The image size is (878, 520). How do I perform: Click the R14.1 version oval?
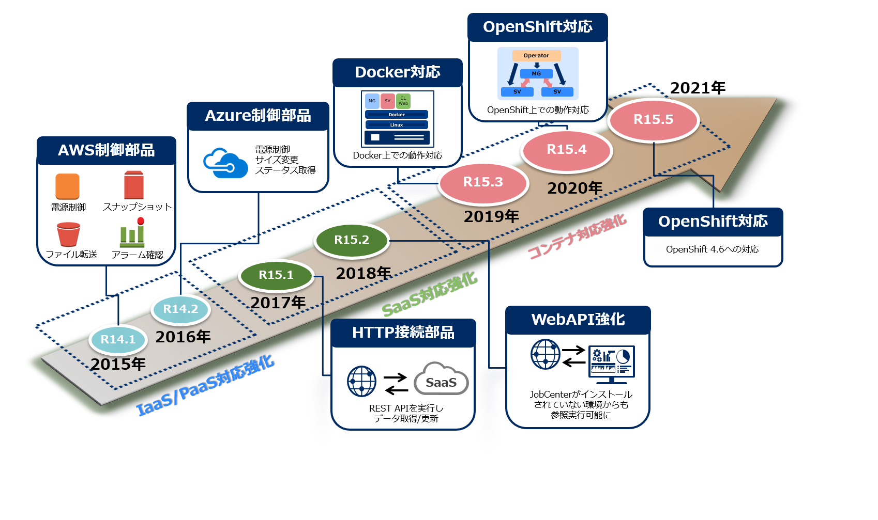click(x=118, y=339)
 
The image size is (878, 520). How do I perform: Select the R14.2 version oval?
click(x=180, y=309)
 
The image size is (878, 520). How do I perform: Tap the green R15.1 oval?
click(x=276, y=275)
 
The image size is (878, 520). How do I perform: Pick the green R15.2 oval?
click(x=352, y=240)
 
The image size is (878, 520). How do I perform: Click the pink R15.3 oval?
click(x=483, y=182)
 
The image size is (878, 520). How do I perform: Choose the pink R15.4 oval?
click(x=567, y=149)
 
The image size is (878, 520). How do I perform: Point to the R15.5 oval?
click(x=654, y=119)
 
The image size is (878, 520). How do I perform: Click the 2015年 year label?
click(x=118, y=364)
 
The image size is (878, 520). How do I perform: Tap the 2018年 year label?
click(x=364, y=273)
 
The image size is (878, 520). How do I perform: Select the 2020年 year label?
click(x=575, y=188)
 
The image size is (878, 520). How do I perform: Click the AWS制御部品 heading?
click(x=107, y=150)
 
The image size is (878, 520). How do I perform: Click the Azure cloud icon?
click(x=225, y=163)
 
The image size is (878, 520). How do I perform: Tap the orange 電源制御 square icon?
click(x=68, y=186)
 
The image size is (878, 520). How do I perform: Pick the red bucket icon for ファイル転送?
click(x=68, y=234)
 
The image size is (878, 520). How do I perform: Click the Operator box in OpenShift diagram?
click(x=536, y=55)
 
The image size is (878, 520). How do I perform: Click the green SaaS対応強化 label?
click(x=429, y=295)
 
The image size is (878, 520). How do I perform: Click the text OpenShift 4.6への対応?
click(x=712, y=249)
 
